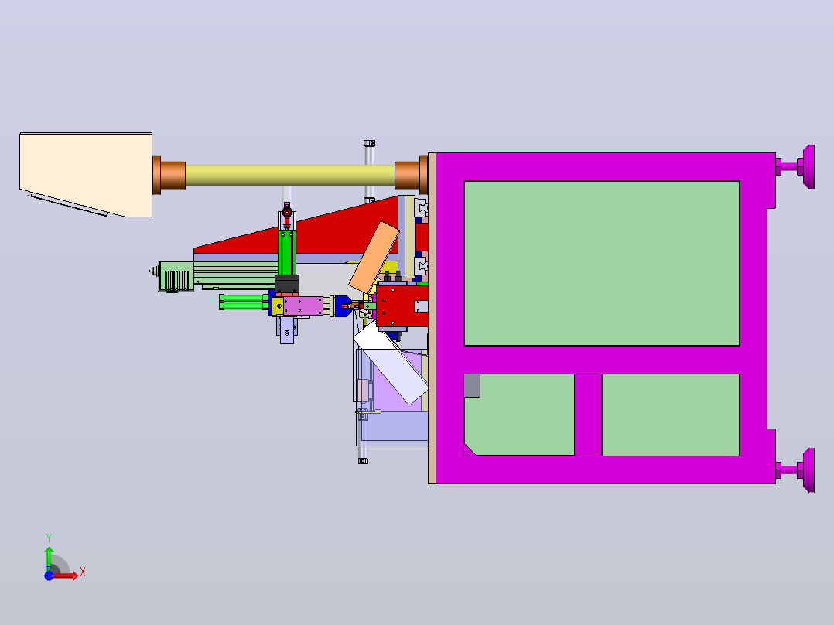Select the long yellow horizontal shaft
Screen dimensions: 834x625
(290, 175)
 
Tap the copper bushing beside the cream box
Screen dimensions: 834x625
(169, 175)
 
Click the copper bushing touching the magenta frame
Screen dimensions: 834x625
(411, 175)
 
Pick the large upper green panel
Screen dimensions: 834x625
(602, 263)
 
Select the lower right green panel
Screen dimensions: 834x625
(671, 415)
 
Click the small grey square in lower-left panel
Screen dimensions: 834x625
(472, 386)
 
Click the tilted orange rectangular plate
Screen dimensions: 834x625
(374, 258)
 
